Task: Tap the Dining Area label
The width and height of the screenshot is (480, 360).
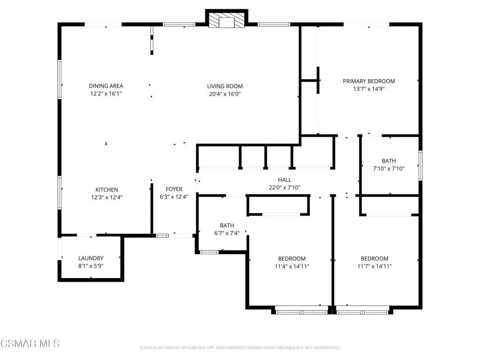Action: [x=106, y=86]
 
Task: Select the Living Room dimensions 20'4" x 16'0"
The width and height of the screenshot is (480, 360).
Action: [x=225, y=94]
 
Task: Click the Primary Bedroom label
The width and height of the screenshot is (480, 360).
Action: [x=368, y=81]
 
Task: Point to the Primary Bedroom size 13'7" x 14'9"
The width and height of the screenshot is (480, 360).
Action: [x=368, y=89]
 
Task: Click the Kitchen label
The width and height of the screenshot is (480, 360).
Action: [x=107, y=189]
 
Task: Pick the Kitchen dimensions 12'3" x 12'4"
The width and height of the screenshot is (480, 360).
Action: [x=107, y=197]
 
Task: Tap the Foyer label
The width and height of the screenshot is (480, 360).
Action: [x=174, y=189]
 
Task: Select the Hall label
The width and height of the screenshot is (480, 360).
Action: [x=285, y=180]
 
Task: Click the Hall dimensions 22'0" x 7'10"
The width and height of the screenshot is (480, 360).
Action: [x=285, y=187]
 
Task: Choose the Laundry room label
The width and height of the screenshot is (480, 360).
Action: [x=91, y=258]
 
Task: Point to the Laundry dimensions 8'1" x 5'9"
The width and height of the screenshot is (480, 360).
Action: [x=91, y=266]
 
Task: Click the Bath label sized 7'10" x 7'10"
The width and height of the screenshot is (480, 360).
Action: [x=389, y=161]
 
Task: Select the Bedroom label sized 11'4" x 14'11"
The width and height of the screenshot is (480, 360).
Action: [x=292, y=259]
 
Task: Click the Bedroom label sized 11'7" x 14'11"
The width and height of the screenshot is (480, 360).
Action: [x=374, y=259]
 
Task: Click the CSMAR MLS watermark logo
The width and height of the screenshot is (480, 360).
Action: [x=30, y=344]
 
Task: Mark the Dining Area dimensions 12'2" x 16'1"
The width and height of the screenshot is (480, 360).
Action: [x=106, y=94]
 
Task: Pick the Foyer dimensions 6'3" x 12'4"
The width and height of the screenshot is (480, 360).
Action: [x=174, y=197]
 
